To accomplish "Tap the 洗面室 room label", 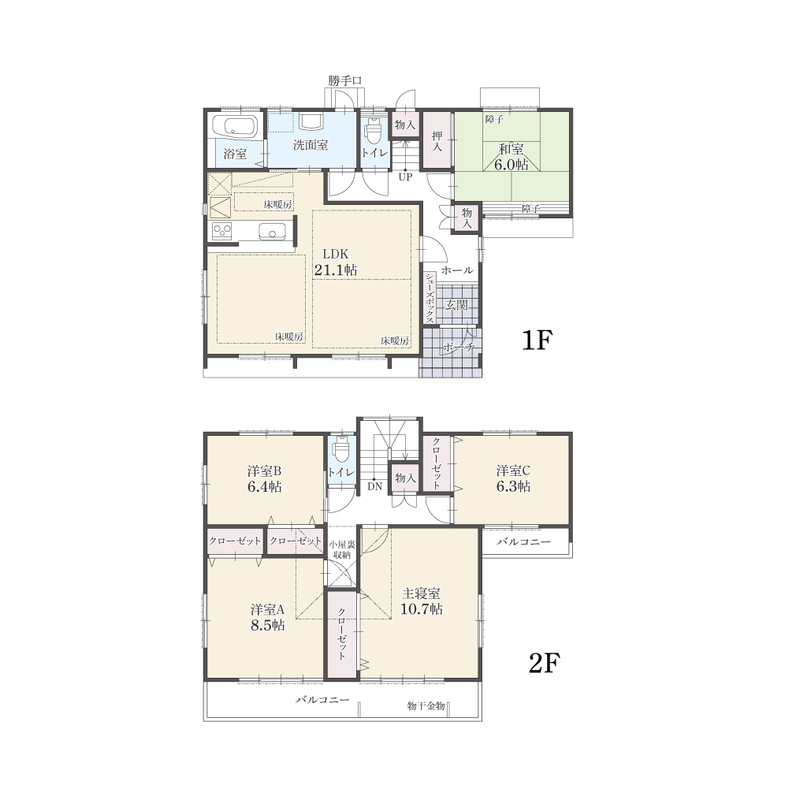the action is point(311,145).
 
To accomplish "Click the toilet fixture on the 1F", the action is point(374,132).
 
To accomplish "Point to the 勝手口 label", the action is point(344,80).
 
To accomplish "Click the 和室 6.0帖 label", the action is point(511,156).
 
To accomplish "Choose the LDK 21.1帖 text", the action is point(336,262).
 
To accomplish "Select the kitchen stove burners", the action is point(221,231).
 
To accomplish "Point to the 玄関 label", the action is point(456,304).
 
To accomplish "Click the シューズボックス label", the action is point(430,298).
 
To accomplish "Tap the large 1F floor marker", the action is point(537,340).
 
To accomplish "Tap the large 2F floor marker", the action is point(545,663).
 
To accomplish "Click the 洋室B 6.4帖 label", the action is point(265,478).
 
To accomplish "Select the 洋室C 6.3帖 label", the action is point(513,478).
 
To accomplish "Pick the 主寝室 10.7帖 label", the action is point(421,601).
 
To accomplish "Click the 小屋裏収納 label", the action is point(343,550).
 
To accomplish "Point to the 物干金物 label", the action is point(426,705).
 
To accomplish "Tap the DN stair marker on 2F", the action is point(374,486).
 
